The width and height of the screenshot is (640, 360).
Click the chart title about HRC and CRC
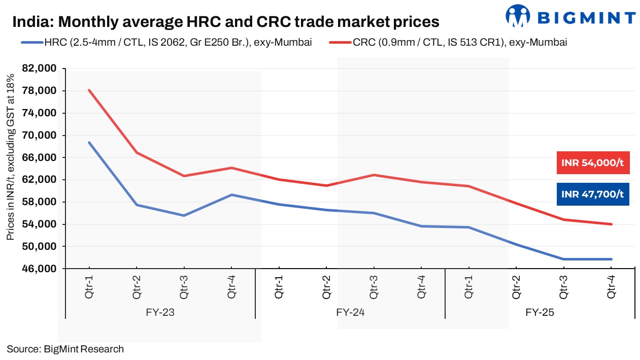tap(225, 22)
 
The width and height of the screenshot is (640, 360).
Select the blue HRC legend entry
tap(167, 42)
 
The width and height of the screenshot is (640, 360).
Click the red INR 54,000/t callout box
tap(592, 163)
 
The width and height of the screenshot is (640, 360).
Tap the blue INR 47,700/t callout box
tap(592, 194)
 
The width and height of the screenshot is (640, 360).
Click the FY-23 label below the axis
tap(160, 313)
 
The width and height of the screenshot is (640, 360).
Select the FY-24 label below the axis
tap(351, 313)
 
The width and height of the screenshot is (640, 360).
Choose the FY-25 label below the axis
tap(540, 313)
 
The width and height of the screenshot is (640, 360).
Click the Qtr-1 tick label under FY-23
tap(89, 287)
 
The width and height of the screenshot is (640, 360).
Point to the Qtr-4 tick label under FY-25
tap(612, 287)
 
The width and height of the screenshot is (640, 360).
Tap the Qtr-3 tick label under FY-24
tap(374, 287)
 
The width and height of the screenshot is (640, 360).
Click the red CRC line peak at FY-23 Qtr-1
tap(89, 90)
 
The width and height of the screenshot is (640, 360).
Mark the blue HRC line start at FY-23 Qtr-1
tap(89, 143)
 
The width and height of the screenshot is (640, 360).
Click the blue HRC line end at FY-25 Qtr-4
tap(611, 259)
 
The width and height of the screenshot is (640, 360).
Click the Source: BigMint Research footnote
tap(65, 349)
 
